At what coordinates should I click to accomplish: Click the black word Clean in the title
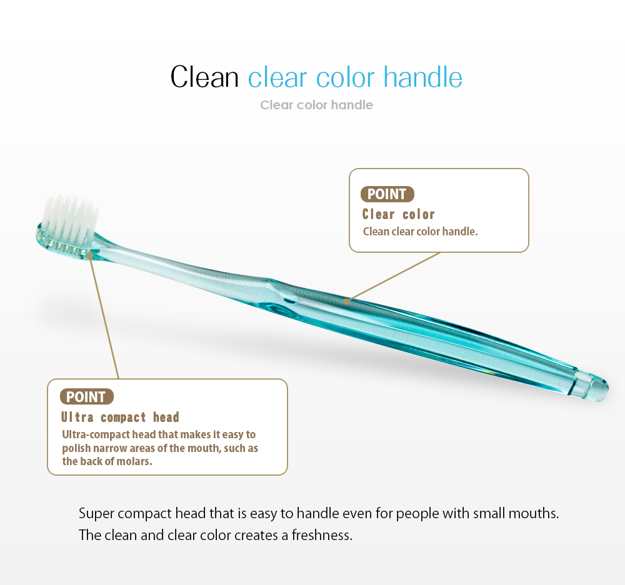pyautogui.click(x=204, y=77)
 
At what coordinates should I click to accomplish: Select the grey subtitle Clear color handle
pyautogui.click(x=316, y=105)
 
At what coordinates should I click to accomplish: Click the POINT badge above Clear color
pyautogui.click(x=387, y=194)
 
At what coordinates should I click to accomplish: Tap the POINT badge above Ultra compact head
pyautogui.click(x=86, y=396)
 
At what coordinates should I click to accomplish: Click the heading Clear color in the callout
pyautogui.click(x=398, y=214)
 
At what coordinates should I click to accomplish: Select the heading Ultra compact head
pyautogui.click(x=120, y=417)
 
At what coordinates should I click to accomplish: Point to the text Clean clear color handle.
pyautogui.click(x=420, y=232)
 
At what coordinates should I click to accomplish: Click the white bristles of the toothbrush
pyautogui.click(x=70, y=217)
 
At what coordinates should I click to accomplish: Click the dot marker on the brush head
pyautogui.click(x=89, y=255)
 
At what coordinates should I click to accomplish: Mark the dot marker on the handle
pyautogui.click(x=346, y=302)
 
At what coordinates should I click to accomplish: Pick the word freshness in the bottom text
pyautogui.click(x=322, y=535)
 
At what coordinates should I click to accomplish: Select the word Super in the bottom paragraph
pyautogui.click(x=96, y=514)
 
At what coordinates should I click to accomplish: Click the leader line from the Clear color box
pyautogui.click(x=393, y=277)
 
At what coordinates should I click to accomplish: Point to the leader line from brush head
pyautogui.click(x=104, y=317)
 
